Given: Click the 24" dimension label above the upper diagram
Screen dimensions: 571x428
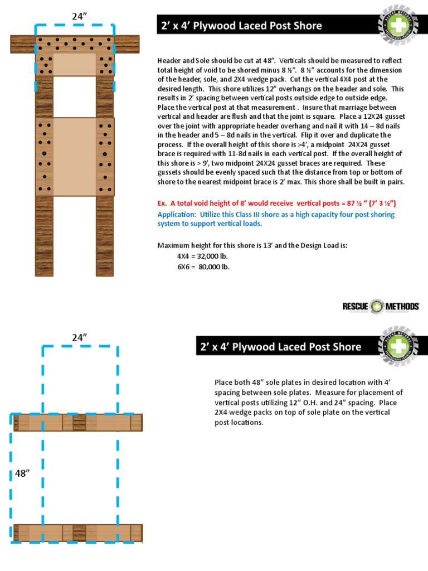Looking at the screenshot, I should point(80,16).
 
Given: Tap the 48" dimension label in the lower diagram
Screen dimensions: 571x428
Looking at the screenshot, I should point(22,473).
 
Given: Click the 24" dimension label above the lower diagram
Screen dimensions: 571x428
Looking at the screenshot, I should point(80,337).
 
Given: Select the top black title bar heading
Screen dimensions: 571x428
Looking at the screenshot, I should point(241,26).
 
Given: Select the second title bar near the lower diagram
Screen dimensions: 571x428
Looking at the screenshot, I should point(281,347).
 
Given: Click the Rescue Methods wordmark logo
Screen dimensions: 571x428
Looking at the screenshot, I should point(381,306).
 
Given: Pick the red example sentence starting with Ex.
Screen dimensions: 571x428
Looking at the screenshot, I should point(277,203).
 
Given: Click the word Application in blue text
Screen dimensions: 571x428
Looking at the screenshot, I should point(177,215).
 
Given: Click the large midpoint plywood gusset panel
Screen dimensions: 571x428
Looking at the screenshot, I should point(75,157).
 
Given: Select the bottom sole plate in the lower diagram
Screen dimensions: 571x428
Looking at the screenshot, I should point(77,533).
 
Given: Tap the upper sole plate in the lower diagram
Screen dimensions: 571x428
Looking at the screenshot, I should point(77,423).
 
